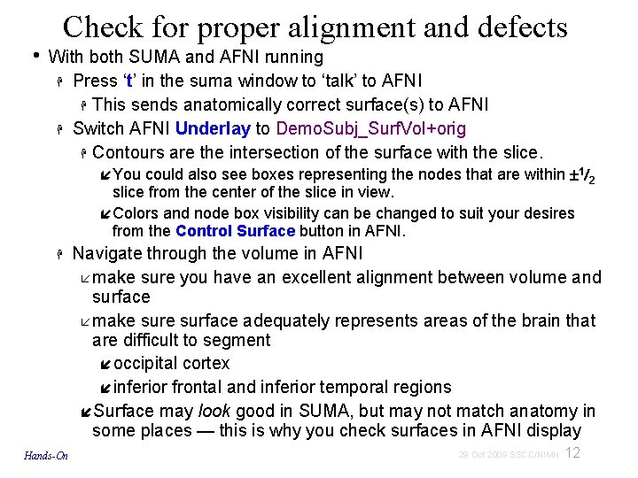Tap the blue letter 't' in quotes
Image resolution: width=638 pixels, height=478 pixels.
point(130,81)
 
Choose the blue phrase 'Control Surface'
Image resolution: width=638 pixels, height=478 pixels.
point(235,231)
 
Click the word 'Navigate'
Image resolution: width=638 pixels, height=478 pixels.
point(107,254)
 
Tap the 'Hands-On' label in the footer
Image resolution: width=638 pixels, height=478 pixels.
point(47,456)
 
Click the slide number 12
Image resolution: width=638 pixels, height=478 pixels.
point(572,453)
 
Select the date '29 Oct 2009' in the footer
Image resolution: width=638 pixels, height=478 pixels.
point(486,455)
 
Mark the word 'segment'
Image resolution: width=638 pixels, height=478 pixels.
point(240,340)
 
